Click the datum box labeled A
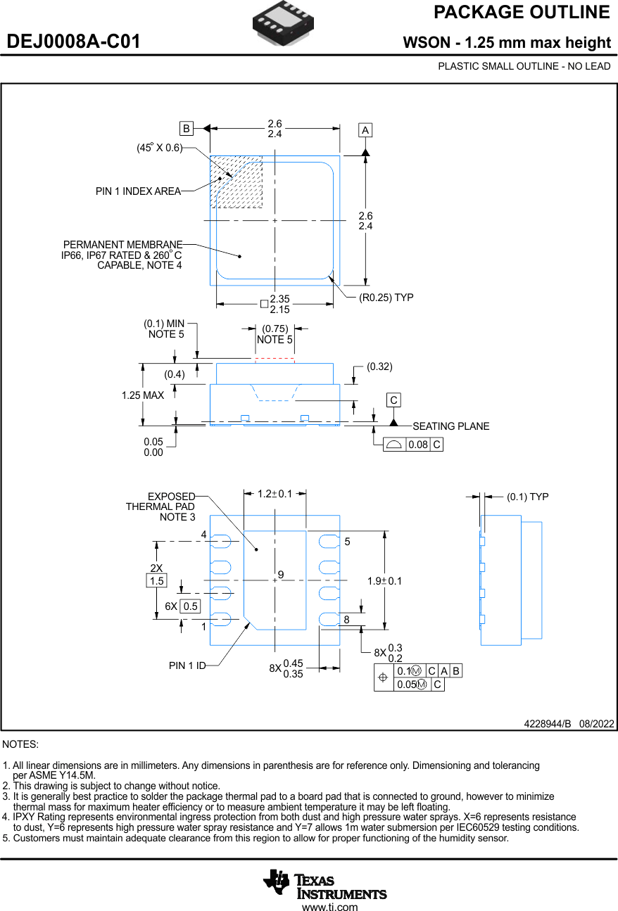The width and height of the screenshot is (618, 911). click(365, 130)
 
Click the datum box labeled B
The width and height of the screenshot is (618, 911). click(186, 129)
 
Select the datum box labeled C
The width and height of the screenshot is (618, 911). click(393, 400)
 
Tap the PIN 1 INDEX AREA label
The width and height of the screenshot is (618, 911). click(138, 191)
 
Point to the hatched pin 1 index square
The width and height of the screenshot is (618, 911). click(236, 182)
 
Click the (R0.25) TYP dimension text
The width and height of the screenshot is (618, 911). click(386, 298)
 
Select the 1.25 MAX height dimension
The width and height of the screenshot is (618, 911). click(143, 395)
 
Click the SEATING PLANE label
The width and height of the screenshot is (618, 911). click(450, 426)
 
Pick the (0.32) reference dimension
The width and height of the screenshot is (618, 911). click(379, 367)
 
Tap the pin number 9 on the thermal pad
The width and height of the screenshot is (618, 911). click(280, 575)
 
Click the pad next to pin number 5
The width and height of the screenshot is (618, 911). click(329, 542)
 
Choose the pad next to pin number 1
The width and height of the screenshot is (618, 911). click(222, 620)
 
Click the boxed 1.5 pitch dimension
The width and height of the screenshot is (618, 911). click(156, 581)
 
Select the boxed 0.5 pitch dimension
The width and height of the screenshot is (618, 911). click(190, 606)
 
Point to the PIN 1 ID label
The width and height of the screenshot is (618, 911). click(187, 665)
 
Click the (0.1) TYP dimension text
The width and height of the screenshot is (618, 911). click(527, 497)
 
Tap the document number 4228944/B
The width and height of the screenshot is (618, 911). click(547, 724)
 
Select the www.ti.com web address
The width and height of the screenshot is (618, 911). click(329, 907)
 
